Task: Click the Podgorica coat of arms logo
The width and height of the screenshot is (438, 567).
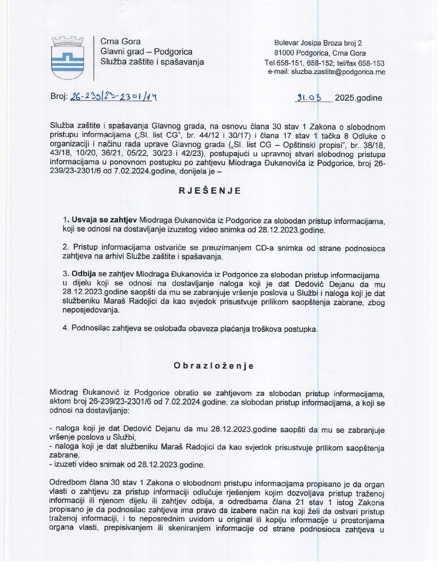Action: tap(67, 58)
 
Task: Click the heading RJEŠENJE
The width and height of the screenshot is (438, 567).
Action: tap(210, 191)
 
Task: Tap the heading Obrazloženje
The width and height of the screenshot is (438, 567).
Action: tap(214, 366)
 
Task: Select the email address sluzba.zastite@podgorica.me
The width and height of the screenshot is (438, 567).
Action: tap(338, 72)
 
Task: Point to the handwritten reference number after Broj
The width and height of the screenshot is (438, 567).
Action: tap(113, 97)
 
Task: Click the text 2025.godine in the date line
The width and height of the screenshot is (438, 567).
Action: tap(358, 98)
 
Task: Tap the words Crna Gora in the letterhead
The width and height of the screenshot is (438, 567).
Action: tap(120, 41)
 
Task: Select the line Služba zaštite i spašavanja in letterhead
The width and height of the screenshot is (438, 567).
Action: tap(152, 62)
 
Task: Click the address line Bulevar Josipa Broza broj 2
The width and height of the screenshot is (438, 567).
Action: tap(318, 43)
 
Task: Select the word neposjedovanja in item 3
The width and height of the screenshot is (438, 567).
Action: tap(91, 310)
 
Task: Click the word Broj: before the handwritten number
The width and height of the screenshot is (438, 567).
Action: tap(59, 97)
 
